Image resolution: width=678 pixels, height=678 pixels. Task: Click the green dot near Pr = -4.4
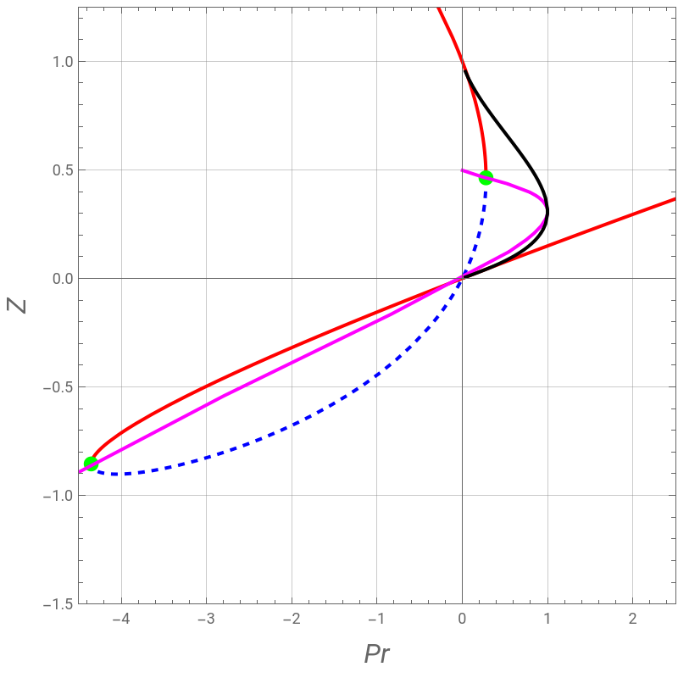click(x=91, y=464)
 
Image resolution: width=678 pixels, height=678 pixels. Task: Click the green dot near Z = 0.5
click(x=486, y=177)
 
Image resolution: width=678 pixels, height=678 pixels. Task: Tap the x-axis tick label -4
click(x=120, y=619)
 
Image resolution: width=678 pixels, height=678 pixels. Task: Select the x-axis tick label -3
click(x=206, y=619)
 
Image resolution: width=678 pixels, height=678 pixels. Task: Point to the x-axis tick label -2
click(x=292, y=619)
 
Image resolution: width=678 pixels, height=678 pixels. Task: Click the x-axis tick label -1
click(x=376, y=619)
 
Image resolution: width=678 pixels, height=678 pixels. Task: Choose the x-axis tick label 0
click(x=462, y=619)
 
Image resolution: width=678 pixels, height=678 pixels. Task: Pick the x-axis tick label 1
click(x=547, y=619)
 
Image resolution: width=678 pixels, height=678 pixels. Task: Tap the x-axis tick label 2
click(x=632, y=619)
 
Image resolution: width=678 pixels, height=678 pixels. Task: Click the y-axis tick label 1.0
click(x=63, y=61)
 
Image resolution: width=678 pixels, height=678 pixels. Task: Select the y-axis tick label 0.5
click(x=63, y=170)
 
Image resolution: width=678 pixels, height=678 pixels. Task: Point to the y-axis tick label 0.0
click(x=63, y=279)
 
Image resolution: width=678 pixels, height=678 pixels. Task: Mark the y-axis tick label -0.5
click(x=58, y=387)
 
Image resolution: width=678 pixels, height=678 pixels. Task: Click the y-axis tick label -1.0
click(x=58, y=496)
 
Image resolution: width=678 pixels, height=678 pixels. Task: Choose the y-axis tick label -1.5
click(x=58, y=604)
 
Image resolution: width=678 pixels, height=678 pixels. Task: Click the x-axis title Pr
click(x=376, y=653)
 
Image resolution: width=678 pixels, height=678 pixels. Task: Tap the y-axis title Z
click(x=16, y=306)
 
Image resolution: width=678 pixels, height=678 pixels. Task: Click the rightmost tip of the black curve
click(x=547, y=212)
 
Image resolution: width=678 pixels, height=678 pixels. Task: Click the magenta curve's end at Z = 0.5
click(x=462, y=170)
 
